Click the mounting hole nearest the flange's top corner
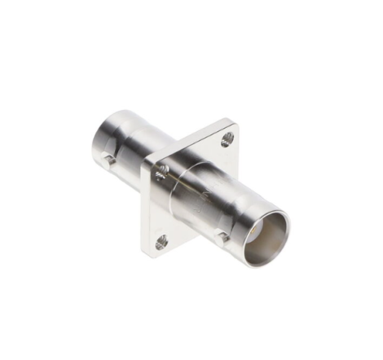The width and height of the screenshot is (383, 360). click(227, 140)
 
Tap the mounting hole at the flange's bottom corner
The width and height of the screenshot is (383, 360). click(161, 241)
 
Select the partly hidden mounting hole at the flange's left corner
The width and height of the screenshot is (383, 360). click(162, 171)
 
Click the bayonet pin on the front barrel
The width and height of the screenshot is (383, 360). click(222, 236)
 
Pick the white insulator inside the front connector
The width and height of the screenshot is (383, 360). click(262, 236)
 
